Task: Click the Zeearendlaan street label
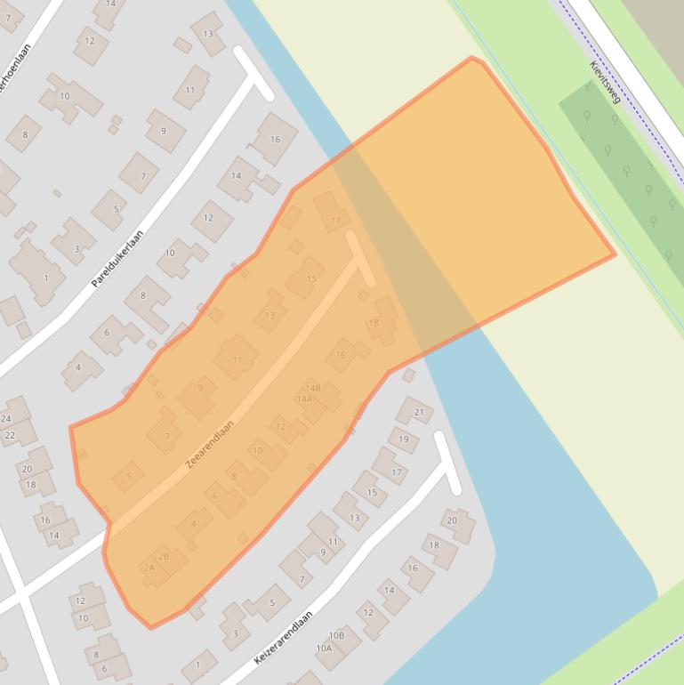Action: pos(211,446)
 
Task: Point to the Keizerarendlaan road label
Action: pos(283,637)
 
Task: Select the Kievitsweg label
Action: pos(605,82)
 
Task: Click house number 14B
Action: pos(312,388)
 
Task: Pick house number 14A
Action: pos(305,399)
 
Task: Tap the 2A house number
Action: pos(149,568)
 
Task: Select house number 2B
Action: pos(164,557)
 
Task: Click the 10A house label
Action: pos(324,649)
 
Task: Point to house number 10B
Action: pos(336,635)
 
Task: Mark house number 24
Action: pos(6,419)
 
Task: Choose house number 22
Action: pos(10,435)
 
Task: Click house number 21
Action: pos(420,412)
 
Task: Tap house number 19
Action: pos(404,439)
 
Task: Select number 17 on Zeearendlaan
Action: pos(335,221)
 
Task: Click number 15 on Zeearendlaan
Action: pos(311,279)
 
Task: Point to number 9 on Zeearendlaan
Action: pos(200,388)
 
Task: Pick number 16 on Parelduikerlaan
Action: pos(275,139)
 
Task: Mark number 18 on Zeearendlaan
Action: pos(374,323)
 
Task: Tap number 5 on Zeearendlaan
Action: pos(129,476)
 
